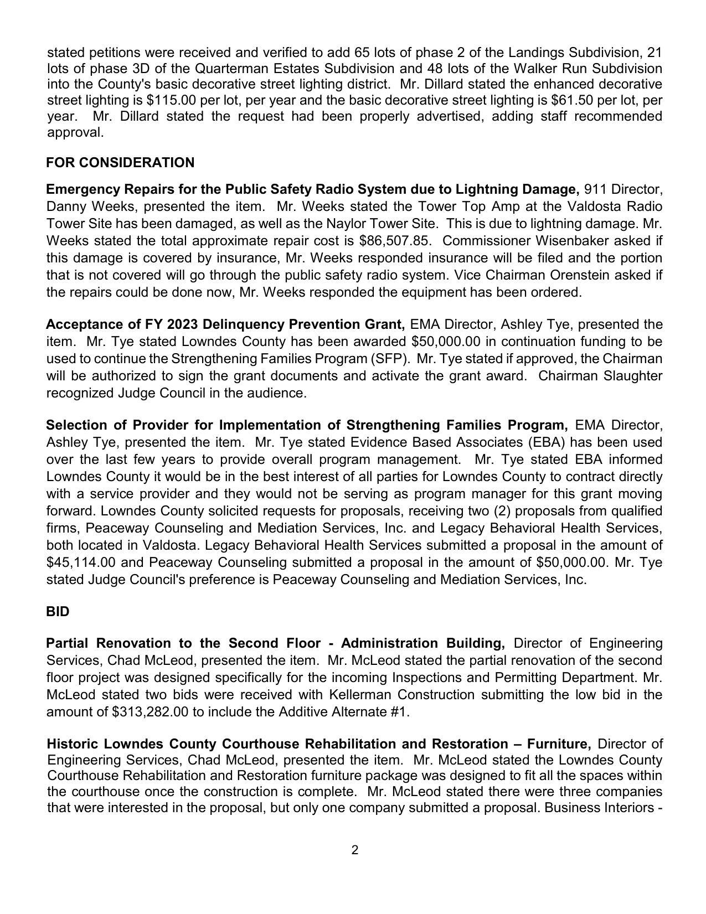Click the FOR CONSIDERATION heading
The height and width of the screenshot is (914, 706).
[x=120, y=163]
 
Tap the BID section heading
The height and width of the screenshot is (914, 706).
[x=58, y=612]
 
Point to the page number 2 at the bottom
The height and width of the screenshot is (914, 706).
[x=354, y=850]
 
